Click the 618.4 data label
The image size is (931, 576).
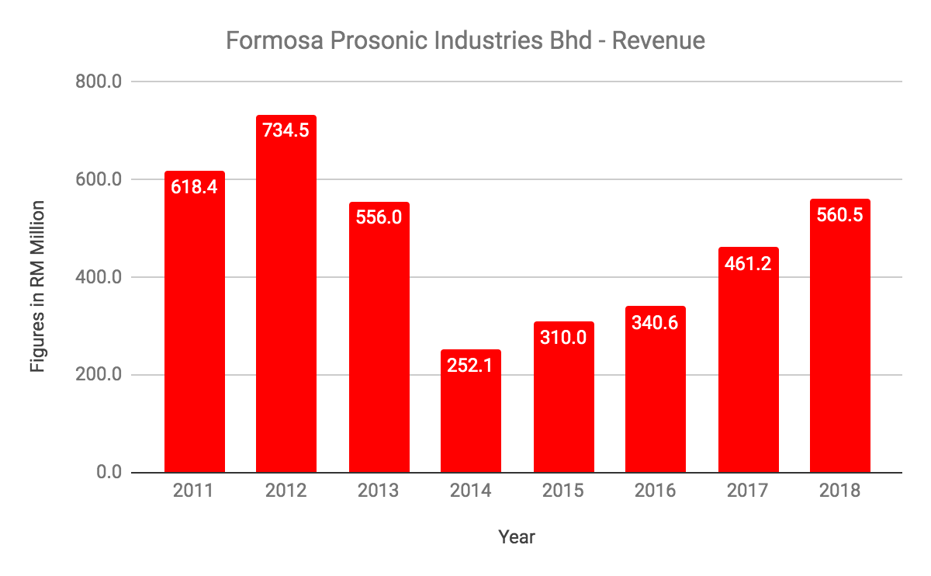pos(194,188)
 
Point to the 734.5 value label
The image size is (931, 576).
pos(286,130)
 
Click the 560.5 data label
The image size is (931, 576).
pos(840,215)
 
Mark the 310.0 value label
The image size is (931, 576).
pos(563,338)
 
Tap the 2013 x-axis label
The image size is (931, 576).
pos(379,491)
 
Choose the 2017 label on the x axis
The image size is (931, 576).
pos(748,491)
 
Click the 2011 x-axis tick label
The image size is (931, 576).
pos(194,491)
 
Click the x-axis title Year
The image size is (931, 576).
pos(517,536)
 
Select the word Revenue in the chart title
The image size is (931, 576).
pos(658,40)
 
